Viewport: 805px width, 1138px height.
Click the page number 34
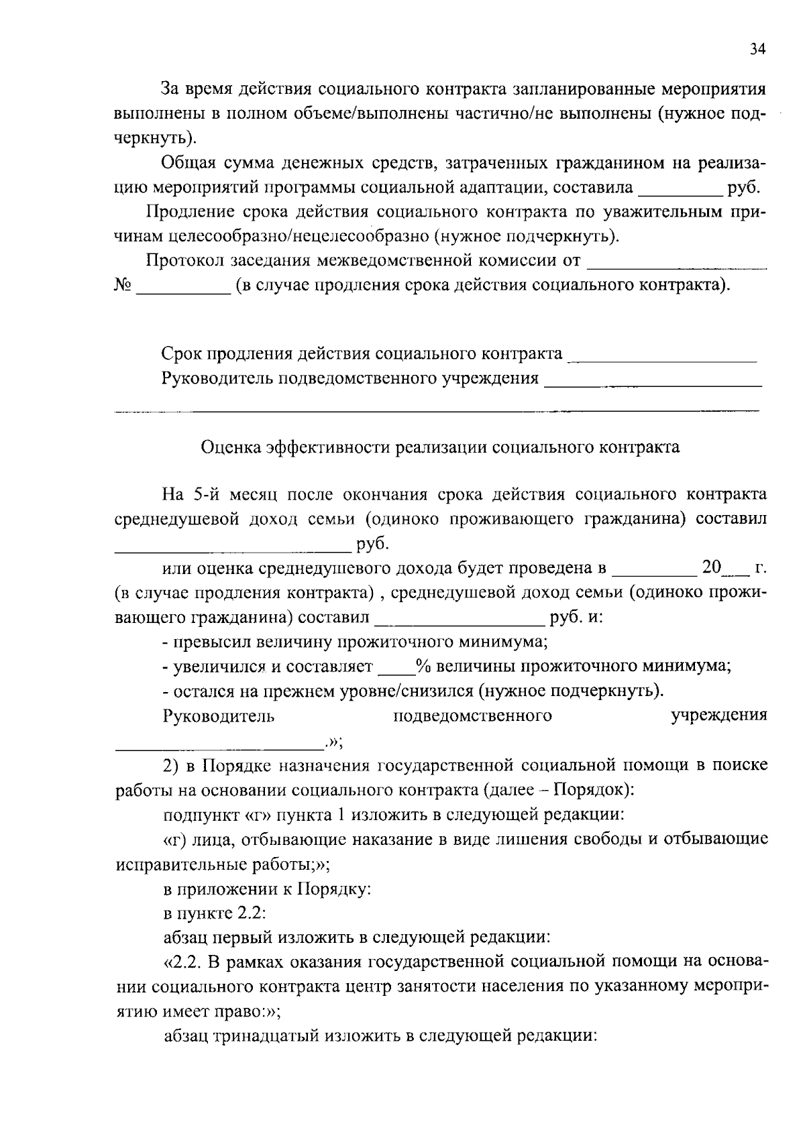[x=757, y=49]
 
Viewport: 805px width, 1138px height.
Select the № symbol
[x=122, y=285]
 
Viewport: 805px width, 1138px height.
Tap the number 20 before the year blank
[x=710, y=567]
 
